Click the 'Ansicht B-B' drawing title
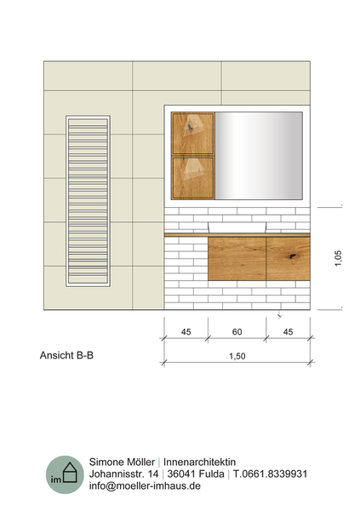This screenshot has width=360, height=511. [66, 355]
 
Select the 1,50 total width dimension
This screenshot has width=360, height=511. [237, 356]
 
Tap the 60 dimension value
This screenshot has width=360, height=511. [237, 332]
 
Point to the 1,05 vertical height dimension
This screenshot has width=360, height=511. [338, 258]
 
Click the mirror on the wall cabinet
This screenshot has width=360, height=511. [259, 156]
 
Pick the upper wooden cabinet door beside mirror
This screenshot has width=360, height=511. [193, 134]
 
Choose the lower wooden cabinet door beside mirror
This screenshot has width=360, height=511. [193, 178]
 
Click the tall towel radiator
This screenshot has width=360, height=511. [88, 201]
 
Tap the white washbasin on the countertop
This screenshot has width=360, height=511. [237, 227]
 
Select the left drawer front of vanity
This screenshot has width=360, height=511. [237, 259]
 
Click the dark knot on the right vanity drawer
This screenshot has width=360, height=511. [293, 256]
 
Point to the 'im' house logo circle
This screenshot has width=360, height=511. [65, 474]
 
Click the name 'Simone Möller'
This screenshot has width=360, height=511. [122, 462]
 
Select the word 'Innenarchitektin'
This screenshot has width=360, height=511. [199, 462]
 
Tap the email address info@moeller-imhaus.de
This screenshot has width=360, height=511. [145, 485]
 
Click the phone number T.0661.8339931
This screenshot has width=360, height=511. [270, 474]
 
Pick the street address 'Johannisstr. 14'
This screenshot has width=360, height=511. [123, 474]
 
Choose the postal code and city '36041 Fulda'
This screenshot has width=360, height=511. [196, 474]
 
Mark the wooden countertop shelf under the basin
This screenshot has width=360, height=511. [237, 235]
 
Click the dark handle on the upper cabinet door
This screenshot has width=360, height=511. [190, 127]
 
